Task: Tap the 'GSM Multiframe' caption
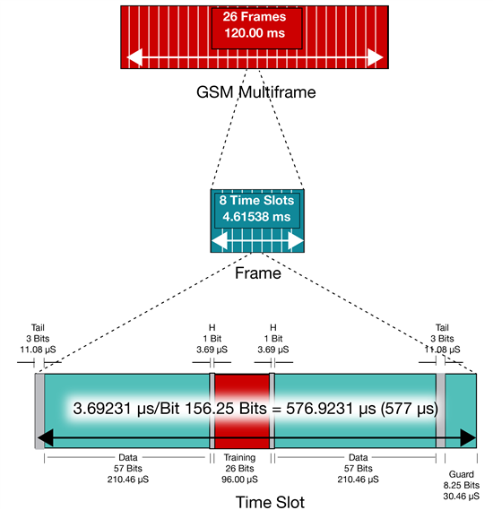[x=255, y=91]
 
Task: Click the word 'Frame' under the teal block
[x=257, y=273]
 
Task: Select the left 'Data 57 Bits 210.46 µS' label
[x=126, y=468]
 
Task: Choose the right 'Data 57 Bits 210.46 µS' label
[x=356, y=468]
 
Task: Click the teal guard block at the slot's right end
[x=461, y=385]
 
